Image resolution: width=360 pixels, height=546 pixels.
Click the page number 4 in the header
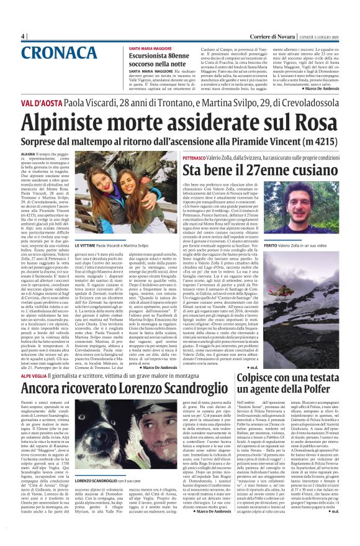click(22, 35)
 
